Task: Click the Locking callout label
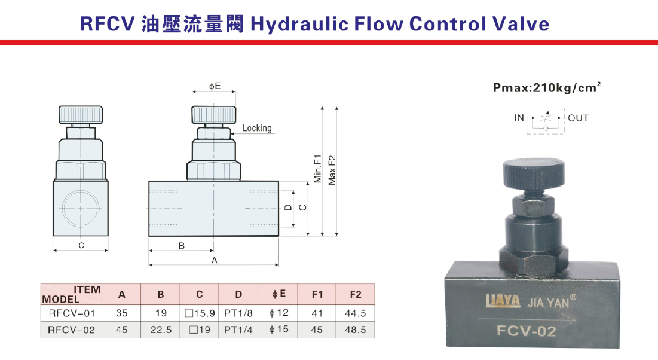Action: pyautogui.click(x=257, y=128)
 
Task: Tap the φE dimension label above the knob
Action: pyautogui.click(x=215, y=86)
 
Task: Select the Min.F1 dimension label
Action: pyautogui.click(x=317, y=169)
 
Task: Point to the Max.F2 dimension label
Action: pyautogui.click(x=332, y=170)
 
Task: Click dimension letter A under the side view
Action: pyautogui.click(x=215, y=261)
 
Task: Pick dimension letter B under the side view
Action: pyautogui.click(x=181, y=246)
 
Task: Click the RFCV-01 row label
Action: pyautogui.click(x=72, y=313)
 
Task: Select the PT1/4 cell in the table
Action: pyautogui.click(x=238, y=330)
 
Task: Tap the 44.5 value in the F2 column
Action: pyautogui.click(x=356, y=313)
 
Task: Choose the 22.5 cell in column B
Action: pyautogui.click(x=161, y=330)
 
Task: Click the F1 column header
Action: pyautogui.click(x=317, y=294)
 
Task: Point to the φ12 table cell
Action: pyautogui.click(x=278, y=313)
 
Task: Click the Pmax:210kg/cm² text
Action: pyautogui.click(x=547, y=87)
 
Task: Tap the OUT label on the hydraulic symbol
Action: pyautogui.click(x=579, y=118)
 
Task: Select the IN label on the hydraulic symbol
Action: pyautogui.click(x=519, y=118)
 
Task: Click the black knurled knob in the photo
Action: pyautogui.click(x=534, y=175)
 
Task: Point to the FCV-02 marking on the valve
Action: pyautogui.click(x=527, y=331)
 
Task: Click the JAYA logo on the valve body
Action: pyautogui.click(x=503, y=301)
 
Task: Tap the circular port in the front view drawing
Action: pyautogui.click(x=81, y=208)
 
